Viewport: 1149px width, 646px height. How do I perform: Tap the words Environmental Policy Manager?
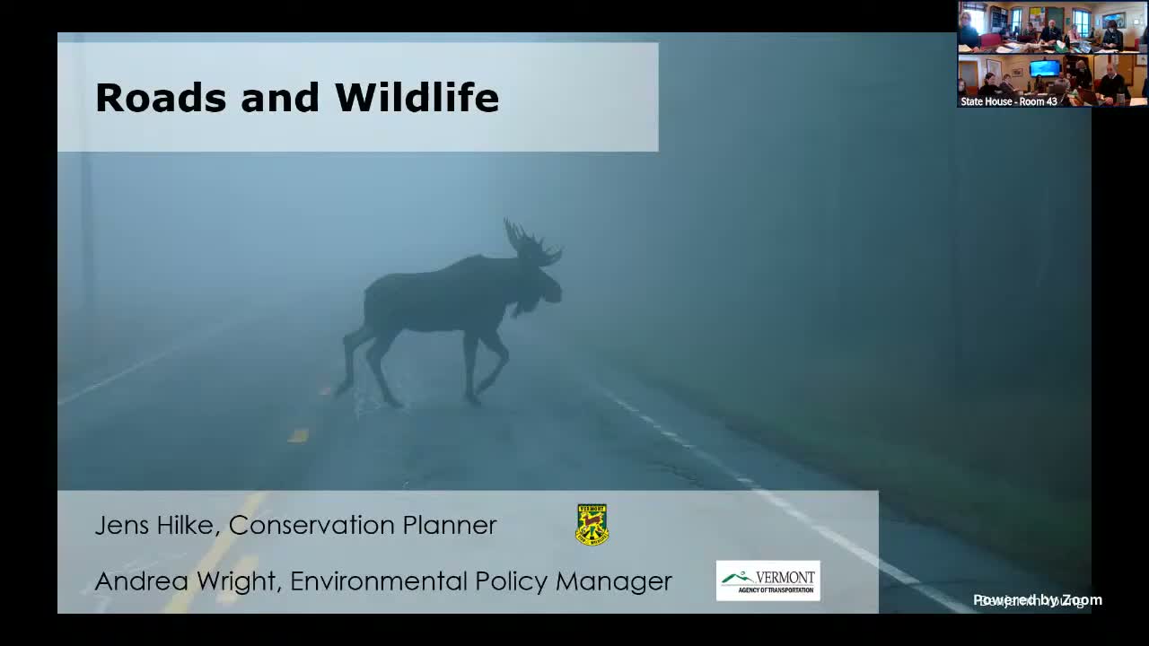[480, 581]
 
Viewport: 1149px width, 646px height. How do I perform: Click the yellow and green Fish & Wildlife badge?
[592, 525]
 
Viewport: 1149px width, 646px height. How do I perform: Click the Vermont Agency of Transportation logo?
[767, 581]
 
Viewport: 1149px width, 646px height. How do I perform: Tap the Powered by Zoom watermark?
[1038, 600]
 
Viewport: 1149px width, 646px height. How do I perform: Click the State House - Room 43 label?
[1008, 101]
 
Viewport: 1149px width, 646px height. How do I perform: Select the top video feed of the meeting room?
[1051, 27]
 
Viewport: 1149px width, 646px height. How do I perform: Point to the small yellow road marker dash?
[298, 435]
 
